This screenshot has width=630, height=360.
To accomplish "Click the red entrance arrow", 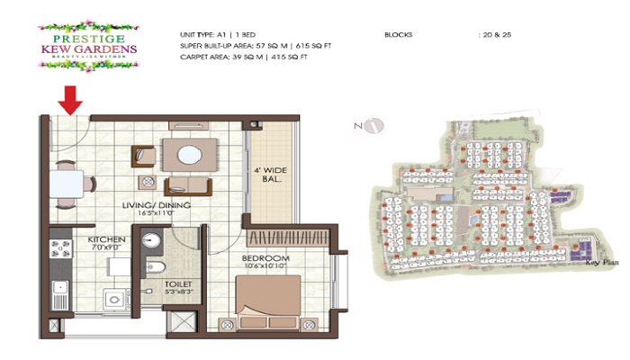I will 71,100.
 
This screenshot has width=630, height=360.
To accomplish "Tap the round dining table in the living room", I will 189,155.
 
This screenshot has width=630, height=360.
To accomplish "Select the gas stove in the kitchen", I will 58,246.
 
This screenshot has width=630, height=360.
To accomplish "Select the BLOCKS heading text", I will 398,35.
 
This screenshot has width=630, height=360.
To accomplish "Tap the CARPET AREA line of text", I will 244,58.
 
